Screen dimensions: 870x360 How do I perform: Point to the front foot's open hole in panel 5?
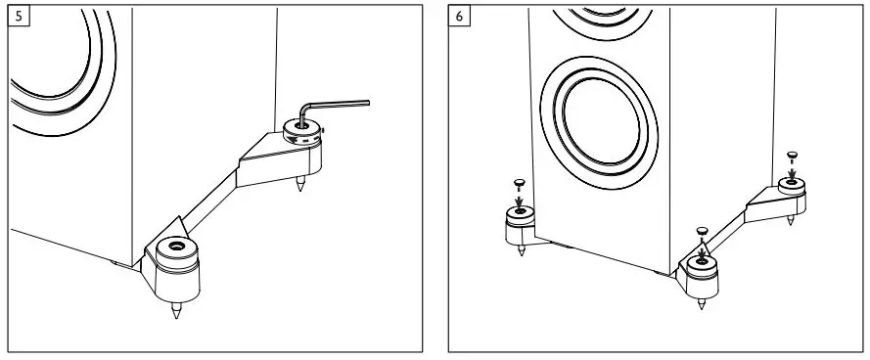177,248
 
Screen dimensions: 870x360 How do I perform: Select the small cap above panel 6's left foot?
520,182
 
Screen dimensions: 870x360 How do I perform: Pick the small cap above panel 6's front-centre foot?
702,231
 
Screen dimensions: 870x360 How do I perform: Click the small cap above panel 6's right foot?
792,154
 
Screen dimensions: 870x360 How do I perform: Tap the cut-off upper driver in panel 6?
597,20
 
